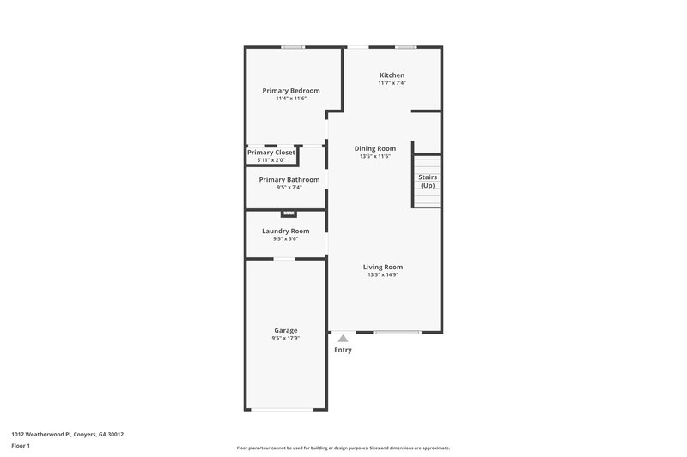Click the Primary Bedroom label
tap(291, 91)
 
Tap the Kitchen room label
tap(392, 75)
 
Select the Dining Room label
tap(375, 148)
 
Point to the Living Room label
tap(382, 267)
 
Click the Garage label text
tap(286, 330)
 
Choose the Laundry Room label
tap(286, 231)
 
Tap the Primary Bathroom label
tap(289, 179)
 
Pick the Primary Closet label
tap(271, 153)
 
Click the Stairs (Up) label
tap(427, 181)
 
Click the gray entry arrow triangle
tap(343, 339)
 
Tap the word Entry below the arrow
tap(343, 350)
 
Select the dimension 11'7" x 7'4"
tap(392, 83)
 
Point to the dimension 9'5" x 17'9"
tap(286, 339)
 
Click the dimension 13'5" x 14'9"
tap(382, 275)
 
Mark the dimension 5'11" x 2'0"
tap(271, 160)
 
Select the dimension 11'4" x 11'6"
tap(291, 99)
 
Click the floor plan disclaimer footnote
tap(343, 448)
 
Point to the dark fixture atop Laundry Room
tap(289, 213)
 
